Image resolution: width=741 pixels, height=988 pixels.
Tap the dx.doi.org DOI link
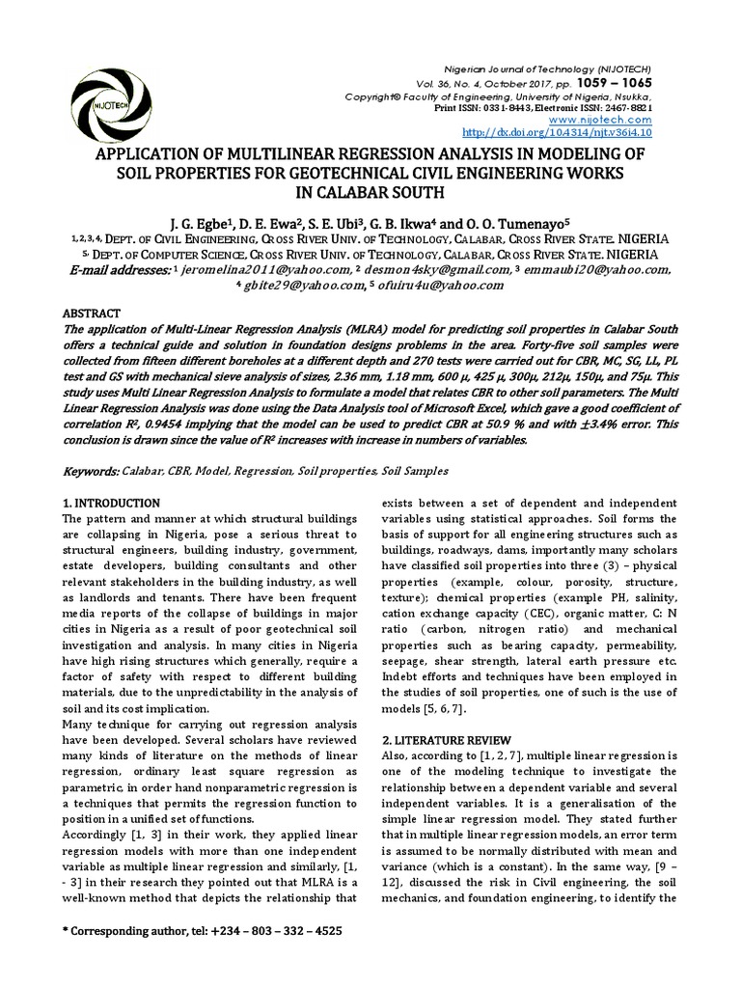pos(558,132)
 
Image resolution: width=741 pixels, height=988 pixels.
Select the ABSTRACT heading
pos(92,314)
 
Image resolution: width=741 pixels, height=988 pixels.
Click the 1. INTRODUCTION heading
pos(111,504)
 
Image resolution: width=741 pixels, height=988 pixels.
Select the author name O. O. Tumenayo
pos(502,218)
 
